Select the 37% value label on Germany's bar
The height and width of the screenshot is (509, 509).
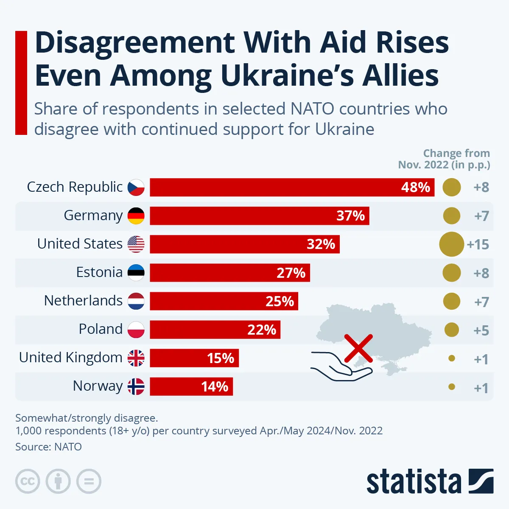click(350, 216)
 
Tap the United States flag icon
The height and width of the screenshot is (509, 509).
click(136, 244)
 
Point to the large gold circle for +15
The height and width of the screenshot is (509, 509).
click(451, 244)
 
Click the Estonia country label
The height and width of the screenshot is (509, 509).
click(99, 272)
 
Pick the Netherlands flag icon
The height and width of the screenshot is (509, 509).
click(136, 301)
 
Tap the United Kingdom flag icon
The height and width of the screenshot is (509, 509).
click(136, 358)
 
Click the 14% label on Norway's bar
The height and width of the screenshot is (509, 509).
click(215, 387)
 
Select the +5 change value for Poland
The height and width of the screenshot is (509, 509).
click(481, 330)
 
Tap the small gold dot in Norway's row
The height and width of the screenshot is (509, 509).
click(452, 387)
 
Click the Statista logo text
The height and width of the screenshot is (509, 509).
click(414, 482)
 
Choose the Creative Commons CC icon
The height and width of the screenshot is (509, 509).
click(28, 481)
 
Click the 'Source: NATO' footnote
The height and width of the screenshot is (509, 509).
click(48, 447)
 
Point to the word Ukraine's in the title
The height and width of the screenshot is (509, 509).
click(288, 76)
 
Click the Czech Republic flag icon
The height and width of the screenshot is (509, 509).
click(136, 187)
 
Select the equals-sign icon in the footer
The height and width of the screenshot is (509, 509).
click(89, 481)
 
